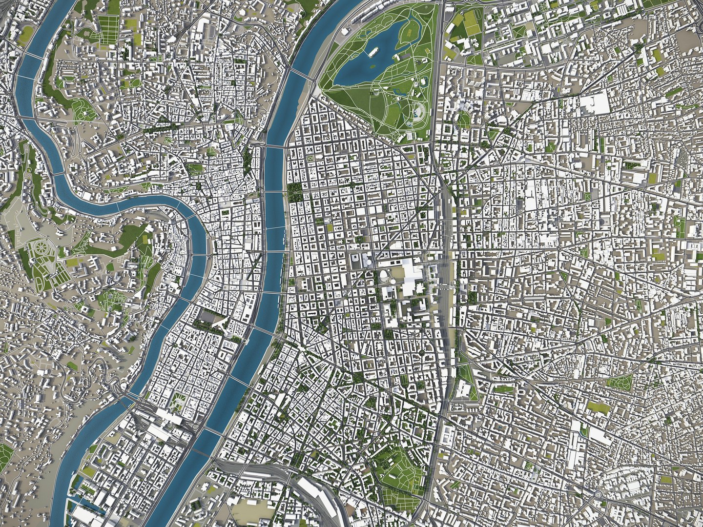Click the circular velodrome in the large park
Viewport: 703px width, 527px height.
click(419, 112)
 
